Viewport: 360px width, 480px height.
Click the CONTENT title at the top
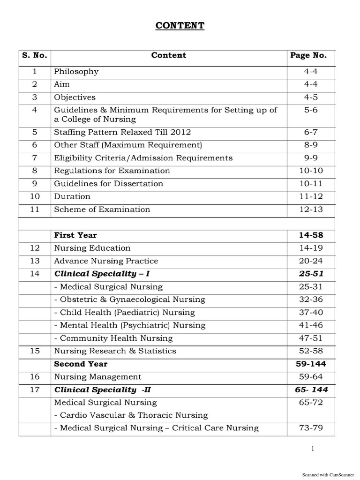pyautogui.click(x=180, y=26)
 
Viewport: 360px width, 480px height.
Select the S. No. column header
pyautogui.click(x=35, y=55)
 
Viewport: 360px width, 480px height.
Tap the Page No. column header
pyautogui.click(x=308, y=55)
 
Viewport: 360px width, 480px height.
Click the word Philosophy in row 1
pyautogui.click(x=76, y=72)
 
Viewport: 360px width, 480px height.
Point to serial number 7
pyautogui.click(x=35, y=158)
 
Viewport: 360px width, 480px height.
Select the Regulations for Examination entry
pyautogui.click(x=112, y=171)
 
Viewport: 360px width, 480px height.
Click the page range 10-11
pyautogui.click(x=311, y=184)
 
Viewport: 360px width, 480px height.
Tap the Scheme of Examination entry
pyautogui.click(x=102, y=210)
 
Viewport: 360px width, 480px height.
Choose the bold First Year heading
pyautogui.click(x=75, y=235)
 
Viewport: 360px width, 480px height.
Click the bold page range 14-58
pyautogui.click(x=311, y=235)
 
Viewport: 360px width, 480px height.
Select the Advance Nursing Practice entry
pyautogui.click(x=106, y=261)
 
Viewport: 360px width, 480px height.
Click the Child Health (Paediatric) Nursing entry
pyautogui.click(x=124, y=313)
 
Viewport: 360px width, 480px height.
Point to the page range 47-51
pyautogui.click(x=311, y=338)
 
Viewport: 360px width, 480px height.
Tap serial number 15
pyautogui.click(x=35, y=351)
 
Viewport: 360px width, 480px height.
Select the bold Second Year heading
pyautogui.click(x=81, y=364)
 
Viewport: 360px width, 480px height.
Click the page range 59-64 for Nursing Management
pyautogui.click(x=311, y=377)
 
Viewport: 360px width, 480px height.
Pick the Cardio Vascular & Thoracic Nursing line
pyautogui.click(x=131, y=415)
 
